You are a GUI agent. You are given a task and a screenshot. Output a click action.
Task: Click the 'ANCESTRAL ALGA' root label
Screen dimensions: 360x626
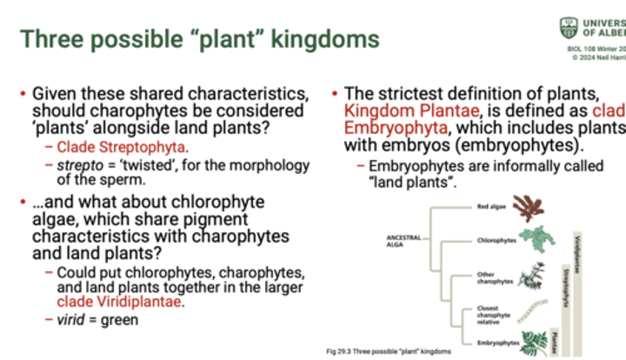coord(391,240)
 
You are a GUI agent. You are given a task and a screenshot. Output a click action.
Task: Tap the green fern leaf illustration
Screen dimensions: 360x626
coord(531,339)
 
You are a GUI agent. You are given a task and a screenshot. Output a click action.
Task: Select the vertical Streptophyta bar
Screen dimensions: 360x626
coord(565,296)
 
